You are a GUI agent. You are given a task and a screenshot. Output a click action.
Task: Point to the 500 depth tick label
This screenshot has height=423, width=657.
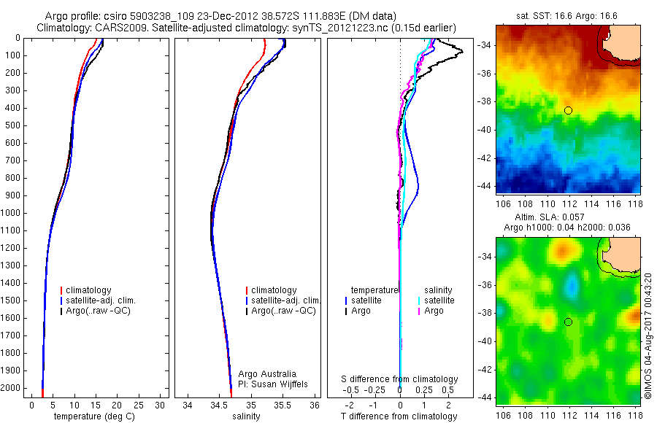14,125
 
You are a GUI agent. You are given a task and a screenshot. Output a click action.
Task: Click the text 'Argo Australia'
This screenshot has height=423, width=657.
267,374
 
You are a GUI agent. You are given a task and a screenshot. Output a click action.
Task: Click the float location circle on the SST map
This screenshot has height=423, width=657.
568,110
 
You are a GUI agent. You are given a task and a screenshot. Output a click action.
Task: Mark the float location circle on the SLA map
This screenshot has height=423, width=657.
568,322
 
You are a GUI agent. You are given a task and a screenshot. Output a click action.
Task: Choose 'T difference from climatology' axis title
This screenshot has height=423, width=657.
400,416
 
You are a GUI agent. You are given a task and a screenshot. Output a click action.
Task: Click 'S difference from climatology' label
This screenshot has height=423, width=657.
400,379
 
